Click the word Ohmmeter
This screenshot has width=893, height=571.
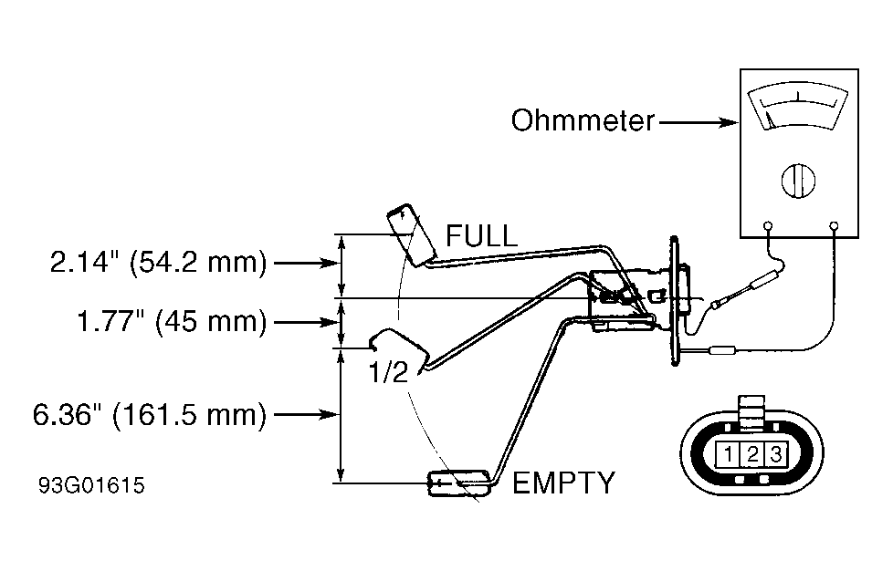pyautogui.click(x=583, y=121)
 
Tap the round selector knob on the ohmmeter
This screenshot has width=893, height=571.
pyautogui.click(x=798, y=181)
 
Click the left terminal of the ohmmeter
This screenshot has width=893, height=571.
pyautogui.click(x=767, y=226)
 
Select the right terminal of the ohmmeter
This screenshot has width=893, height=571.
pyautogui.click(x=834, y=226)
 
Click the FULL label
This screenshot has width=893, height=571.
pyautogui.click(x=481, y=235)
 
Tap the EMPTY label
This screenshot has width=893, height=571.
pyautogui.click(x=563, y=483)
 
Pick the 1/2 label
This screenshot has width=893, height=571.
pyautogui.click(x=389, y=372)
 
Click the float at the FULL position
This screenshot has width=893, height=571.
pyautogui.click(x=411, y=234)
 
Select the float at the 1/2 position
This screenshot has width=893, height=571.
pyautogui.click(x=398, y=348)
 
